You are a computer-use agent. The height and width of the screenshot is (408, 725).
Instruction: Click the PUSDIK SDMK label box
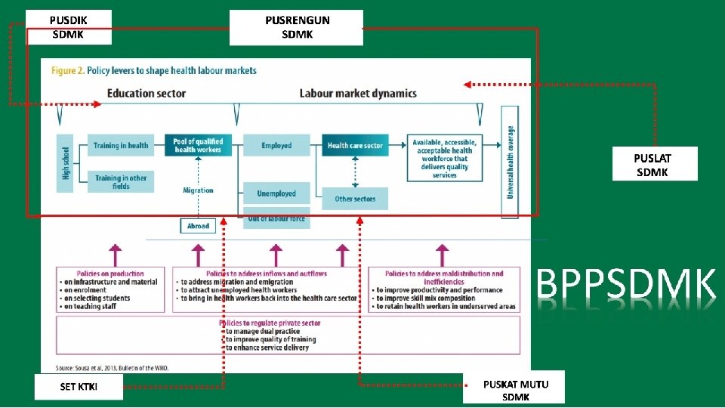(68, 27)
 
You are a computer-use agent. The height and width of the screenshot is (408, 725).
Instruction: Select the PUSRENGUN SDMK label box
(297, 27)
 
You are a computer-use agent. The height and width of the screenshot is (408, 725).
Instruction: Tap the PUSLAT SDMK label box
(654, 165)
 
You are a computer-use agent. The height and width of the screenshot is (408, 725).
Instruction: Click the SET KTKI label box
(79, 387)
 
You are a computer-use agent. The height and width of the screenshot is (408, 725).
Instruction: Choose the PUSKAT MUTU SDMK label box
(516, 390)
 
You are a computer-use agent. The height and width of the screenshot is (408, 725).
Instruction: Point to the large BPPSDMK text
(626, 286)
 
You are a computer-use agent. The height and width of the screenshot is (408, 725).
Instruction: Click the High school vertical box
(66, 163)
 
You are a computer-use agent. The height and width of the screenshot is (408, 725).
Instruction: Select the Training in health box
(121, 145)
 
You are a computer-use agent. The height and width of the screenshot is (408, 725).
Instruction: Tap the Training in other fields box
(121, 181)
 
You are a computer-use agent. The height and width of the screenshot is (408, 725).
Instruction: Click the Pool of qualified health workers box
(198, 145)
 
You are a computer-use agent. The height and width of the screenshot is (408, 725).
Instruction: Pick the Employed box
(276, 145)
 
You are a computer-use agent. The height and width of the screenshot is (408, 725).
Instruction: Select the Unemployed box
(276, 193)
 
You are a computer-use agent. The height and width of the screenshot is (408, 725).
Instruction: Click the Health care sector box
(355, 145)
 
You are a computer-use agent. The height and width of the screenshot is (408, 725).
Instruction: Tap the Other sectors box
(355, 199)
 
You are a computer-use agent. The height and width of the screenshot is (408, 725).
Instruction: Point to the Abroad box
(198, 225)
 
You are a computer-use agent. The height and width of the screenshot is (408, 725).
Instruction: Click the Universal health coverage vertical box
(511, 162)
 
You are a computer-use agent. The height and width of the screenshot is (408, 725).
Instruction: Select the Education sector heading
(147, 94)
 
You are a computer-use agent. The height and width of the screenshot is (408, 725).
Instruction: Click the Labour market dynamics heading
(358, 94)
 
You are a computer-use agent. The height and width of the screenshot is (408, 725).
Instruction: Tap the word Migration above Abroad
(198, 190)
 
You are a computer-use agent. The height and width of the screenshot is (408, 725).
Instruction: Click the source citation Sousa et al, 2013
(113, 368)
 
